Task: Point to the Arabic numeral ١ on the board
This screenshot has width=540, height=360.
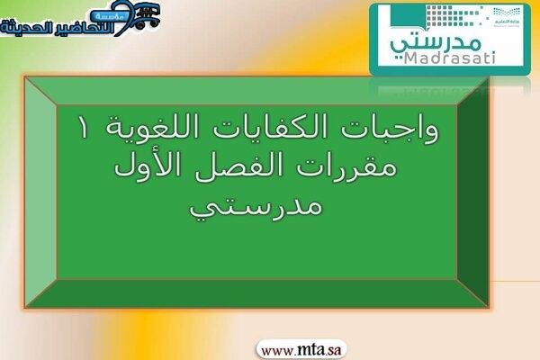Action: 84,128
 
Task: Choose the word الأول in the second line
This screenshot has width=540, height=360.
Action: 149,166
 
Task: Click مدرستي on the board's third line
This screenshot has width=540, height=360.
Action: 256,208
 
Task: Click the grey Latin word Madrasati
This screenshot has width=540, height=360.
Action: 449,58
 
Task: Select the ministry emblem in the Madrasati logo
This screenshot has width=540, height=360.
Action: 506,16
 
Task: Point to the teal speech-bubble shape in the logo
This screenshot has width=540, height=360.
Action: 409,17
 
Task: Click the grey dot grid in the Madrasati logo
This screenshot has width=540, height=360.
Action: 454,15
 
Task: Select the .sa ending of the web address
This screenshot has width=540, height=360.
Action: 333,351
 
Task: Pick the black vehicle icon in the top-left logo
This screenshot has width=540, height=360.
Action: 147,15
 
